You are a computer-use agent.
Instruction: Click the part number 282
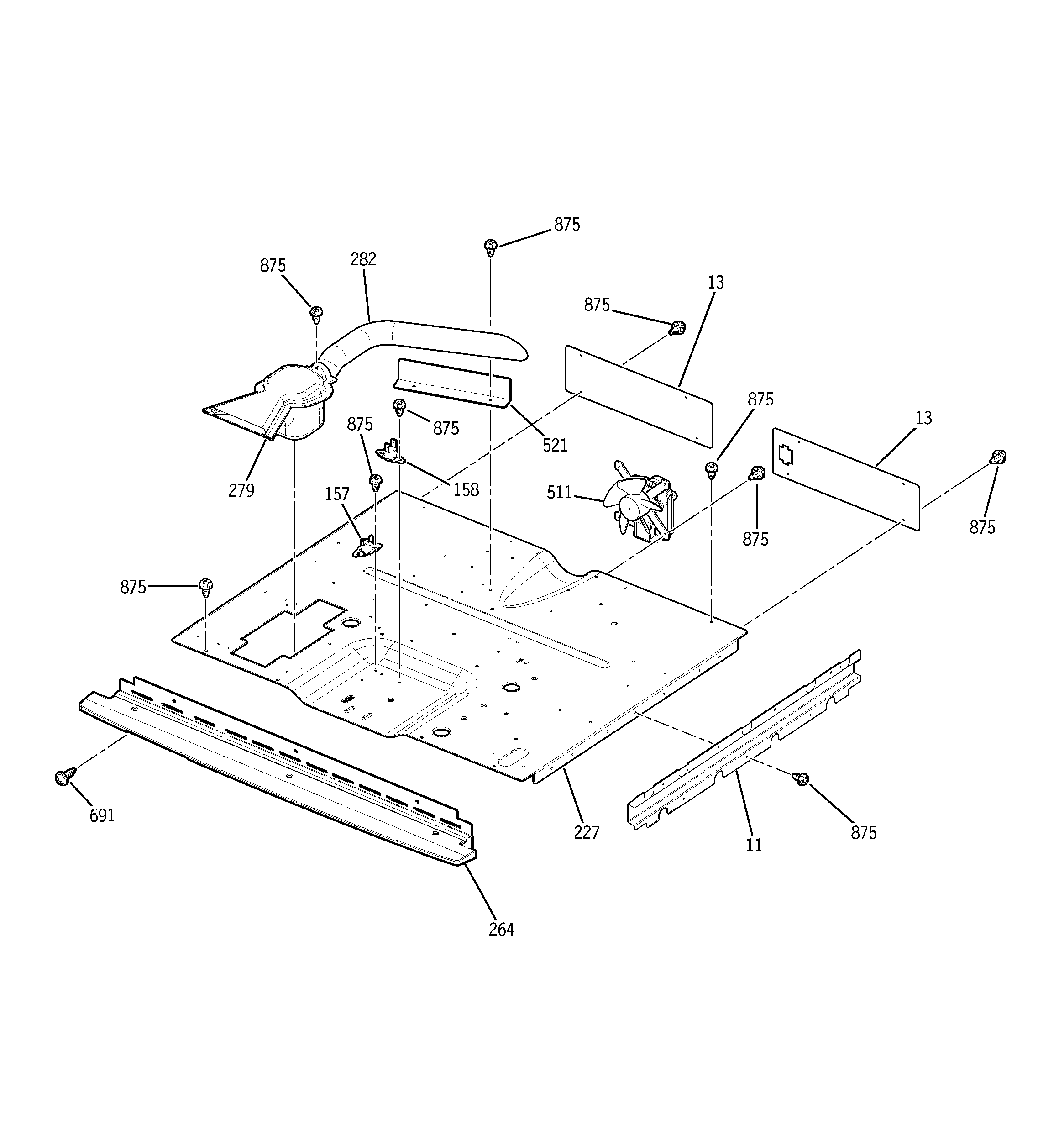click(363, 259)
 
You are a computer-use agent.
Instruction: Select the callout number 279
click(241, 490)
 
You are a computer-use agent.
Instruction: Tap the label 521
click(555, 445)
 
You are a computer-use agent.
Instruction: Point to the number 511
click(559, 492)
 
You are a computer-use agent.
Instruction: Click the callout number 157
click(336, 494)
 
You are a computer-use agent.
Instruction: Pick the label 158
click(466, 489)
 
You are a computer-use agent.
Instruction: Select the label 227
click(586, 833)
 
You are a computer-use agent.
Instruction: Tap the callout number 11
click(754, 845)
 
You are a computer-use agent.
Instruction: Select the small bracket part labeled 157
click(364, 546)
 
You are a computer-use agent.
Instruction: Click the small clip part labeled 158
click(391, 450)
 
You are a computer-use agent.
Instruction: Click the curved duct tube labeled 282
click(432, 336)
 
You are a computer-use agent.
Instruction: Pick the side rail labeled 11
click(744, 739)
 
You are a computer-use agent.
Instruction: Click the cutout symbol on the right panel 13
click(785, 455)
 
